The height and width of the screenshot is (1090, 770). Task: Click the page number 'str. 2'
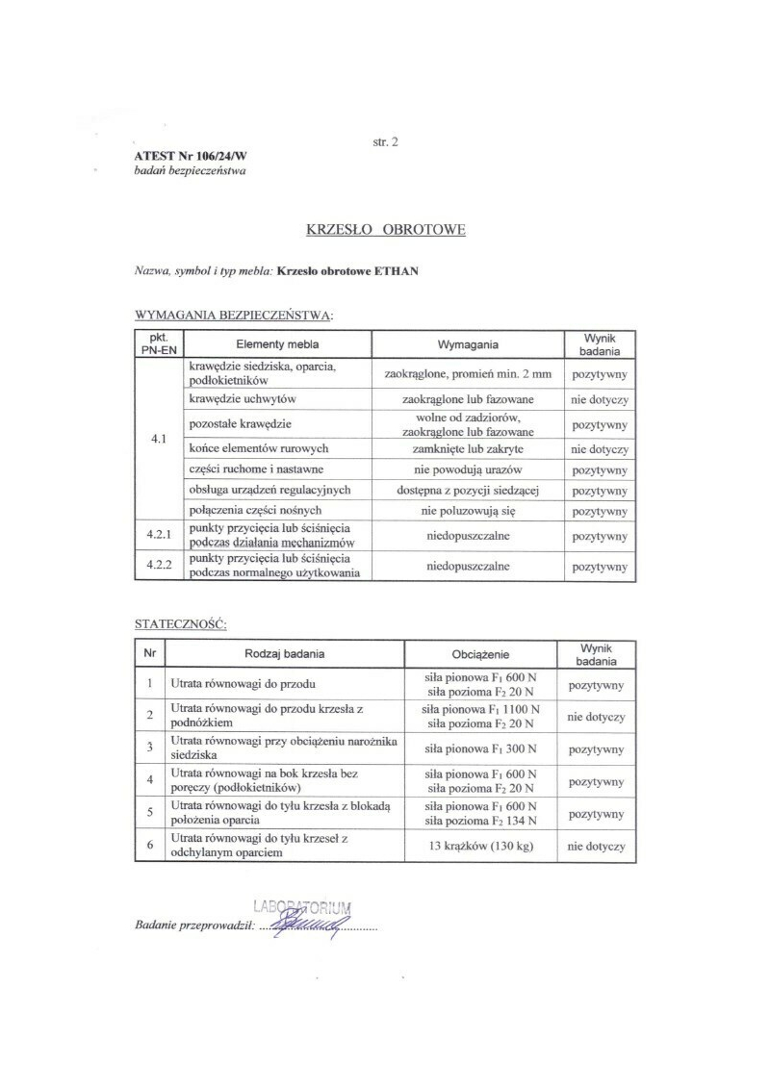tap(385, 141)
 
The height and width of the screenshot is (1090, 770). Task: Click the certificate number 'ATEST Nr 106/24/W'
tap(191, 157)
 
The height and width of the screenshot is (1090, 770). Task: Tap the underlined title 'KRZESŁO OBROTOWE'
tap(385, 231)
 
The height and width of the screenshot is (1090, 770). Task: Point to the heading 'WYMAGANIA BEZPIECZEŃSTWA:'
tap(234, 315)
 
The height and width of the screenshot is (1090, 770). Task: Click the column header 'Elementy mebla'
tap(277, 344)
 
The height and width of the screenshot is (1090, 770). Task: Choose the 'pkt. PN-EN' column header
tap(158, 344)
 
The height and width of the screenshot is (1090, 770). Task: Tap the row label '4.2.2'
tap(158, 566)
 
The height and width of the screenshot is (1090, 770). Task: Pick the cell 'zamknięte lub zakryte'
tap(468, 449)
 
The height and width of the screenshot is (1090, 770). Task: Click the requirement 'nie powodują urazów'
tap(468, 469)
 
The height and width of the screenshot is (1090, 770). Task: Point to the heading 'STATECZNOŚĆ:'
tap(180, 624)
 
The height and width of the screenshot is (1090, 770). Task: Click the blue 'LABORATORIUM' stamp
tap(302, 906)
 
